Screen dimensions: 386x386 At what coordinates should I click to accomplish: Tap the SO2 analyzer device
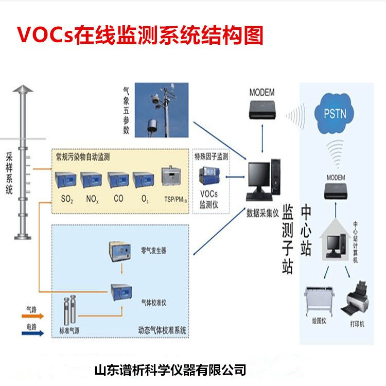(66, 180)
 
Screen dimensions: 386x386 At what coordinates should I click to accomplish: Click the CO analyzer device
(119, 180)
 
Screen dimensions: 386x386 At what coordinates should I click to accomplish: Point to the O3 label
(144, 198)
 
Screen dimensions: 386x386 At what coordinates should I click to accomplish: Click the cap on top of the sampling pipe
(23, 91)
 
